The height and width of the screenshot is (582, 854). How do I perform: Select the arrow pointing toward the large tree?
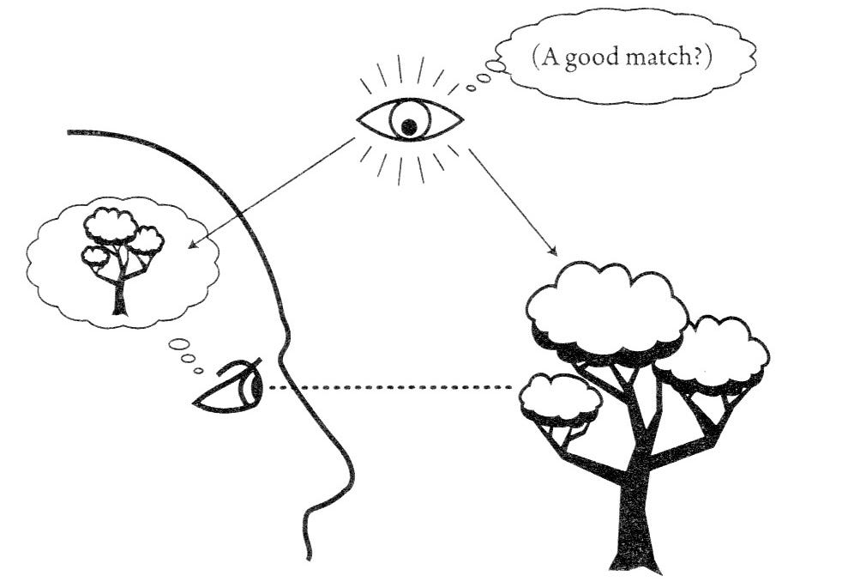tap(513, 205)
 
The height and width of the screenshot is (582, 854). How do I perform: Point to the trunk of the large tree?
tap(635, 515)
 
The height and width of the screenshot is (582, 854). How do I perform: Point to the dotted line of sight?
tap(394, 388)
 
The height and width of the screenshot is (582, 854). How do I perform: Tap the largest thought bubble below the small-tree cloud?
tap(179, 343)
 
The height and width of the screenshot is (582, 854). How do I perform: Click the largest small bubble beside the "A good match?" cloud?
tap(496, 66)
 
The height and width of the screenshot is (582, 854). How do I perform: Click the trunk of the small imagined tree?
tap(119, 295)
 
